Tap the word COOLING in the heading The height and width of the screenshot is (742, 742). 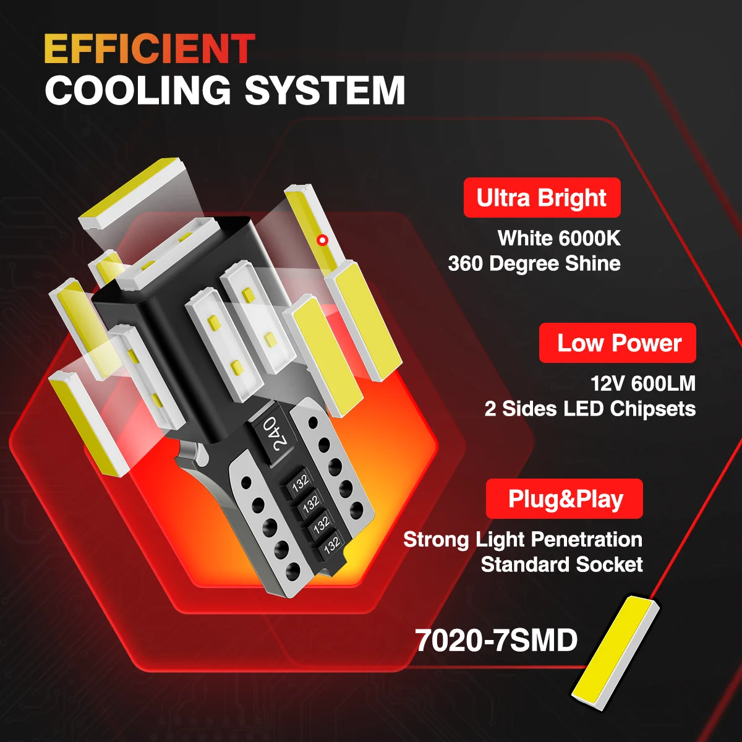click(x=138, y=90)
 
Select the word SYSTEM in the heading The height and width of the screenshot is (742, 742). click(x=325, y=90)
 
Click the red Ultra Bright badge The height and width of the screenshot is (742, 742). click(x=542, y=197)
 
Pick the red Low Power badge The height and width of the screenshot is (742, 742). click(x=617, y=343)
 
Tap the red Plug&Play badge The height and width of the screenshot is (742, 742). click(x=564, y=498)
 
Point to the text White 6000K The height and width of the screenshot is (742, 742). click(x=559, y=238)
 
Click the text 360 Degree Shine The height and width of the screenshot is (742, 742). click(x=534, y=264)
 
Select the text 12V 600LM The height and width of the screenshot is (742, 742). click(x=643, y=383)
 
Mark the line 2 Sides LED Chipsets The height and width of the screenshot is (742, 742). click(x=591, y=409)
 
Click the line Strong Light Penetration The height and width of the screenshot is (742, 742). click(x=523, y=539)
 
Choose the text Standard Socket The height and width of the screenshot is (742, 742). click(x=562, y=565)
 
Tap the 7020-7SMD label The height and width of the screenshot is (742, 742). click(x=497, y=641)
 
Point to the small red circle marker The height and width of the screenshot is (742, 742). click(x=323, y=241)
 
